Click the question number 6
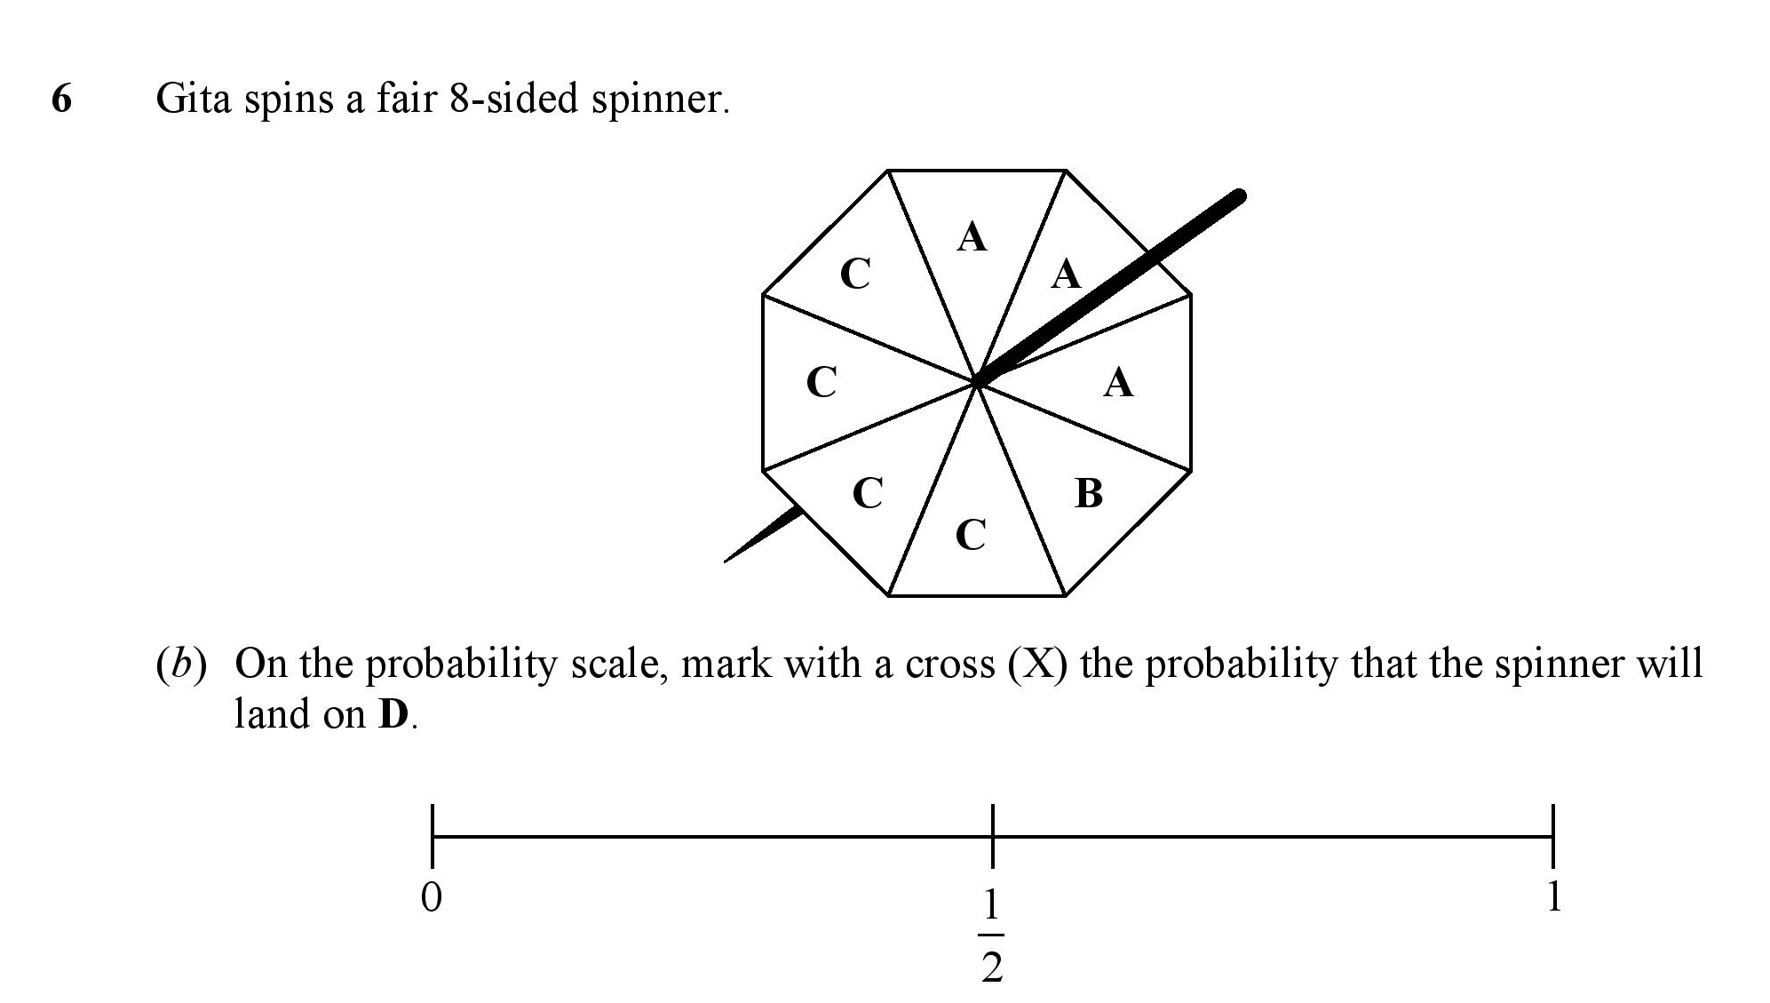tap(61, 98)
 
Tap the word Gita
tap(193, 98)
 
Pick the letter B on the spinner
tap(1089, 493)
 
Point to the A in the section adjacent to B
tap(1118, 383)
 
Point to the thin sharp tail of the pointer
tap(726, 561)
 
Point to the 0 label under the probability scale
tap(431, 898)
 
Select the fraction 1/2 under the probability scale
tap(992, 936)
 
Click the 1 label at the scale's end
tap(1553, 897)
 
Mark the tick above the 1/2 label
tap(992, 835)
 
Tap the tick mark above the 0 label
tap(433, 835)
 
